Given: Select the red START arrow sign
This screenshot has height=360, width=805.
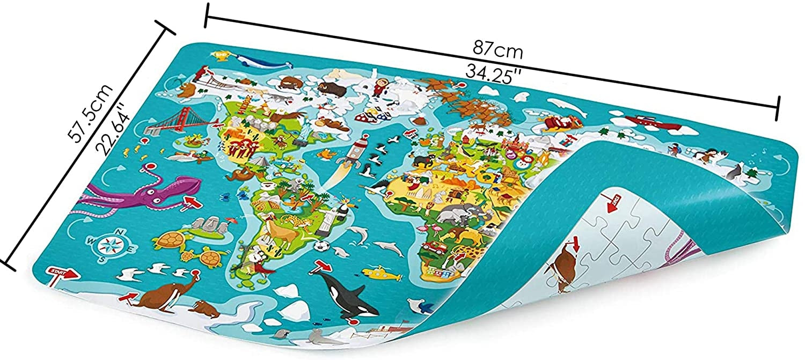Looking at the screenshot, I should (x=62, y=273).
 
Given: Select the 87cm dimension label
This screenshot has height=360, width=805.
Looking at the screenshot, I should (x=497, y=51).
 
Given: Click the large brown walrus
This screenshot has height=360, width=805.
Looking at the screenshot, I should (x=161, y=292).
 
